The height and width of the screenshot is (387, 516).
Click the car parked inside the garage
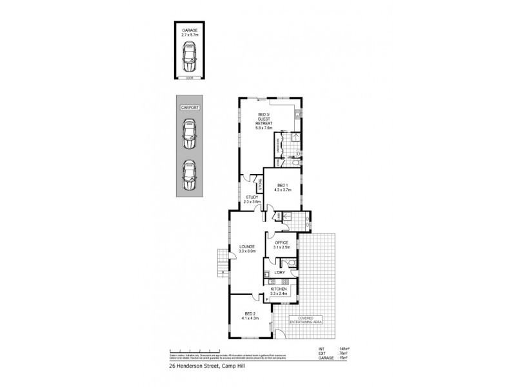tap(190, 56)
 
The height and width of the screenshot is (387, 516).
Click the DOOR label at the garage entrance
tap(190, 77)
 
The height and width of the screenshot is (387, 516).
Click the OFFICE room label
tap(282, 243)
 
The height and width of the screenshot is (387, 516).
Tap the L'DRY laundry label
tap(280, 273)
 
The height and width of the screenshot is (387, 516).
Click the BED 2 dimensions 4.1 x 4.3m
tap(250, 319)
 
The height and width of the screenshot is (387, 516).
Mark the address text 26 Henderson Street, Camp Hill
tap(201, 364)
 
